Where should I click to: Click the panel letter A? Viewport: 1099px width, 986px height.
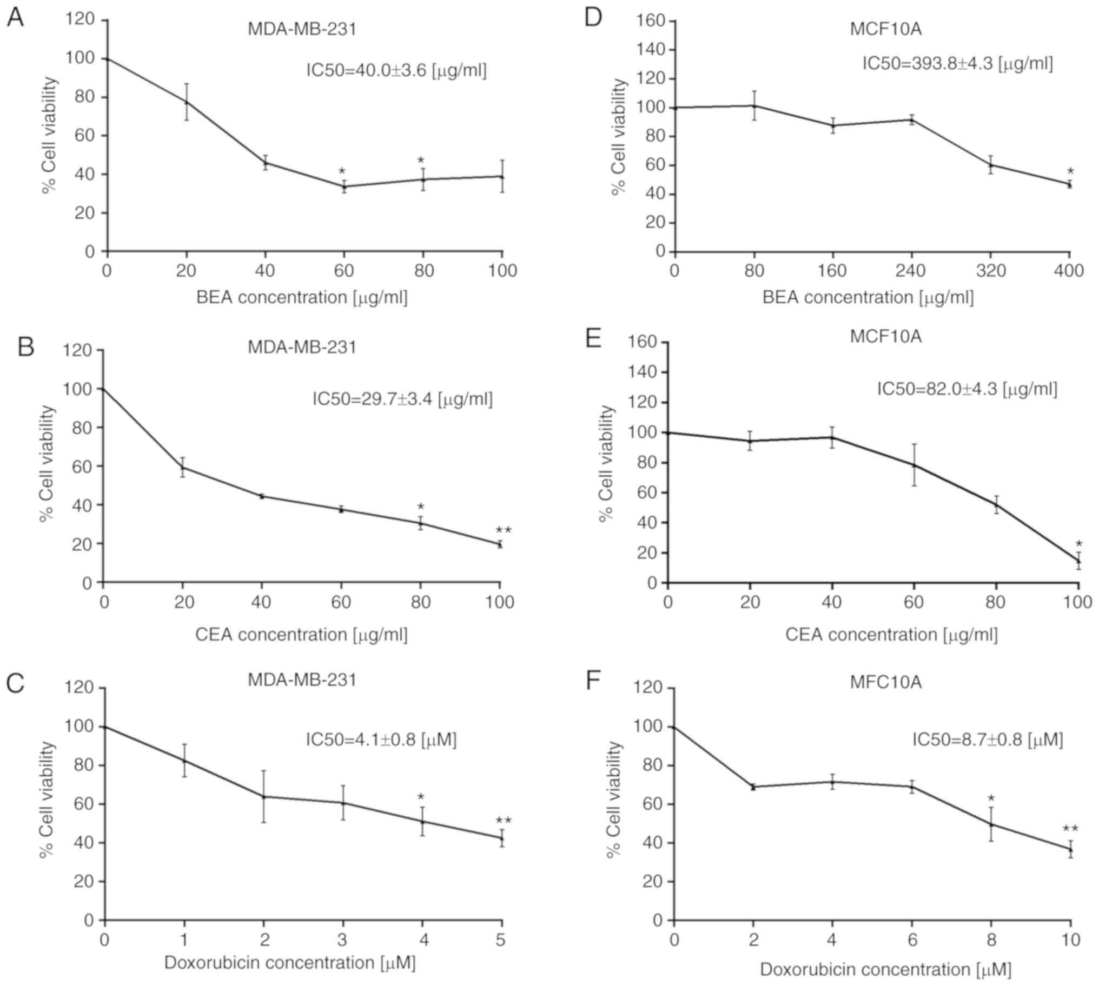(x=15, y=19)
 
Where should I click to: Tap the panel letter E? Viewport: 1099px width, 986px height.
(x=594, y=339)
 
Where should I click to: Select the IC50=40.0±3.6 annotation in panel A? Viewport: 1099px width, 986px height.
(x=396, y=70)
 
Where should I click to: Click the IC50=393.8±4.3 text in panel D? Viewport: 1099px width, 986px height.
(x=957, y=64)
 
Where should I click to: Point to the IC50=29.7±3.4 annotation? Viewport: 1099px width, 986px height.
(x=402, y=399)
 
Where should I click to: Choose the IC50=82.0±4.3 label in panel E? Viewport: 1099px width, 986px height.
(x=967, y=389)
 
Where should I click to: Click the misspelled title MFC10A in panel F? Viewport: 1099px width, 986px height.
(x=885, y=682)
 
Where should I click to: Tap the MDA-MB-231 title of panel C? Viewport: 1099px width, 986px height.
(x=302, y=679)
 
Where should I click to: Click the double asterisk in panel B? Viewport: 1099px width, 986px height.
(x=503, y=531)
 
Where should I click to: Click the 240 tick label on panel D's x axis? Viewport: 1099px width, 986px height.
(x=910, y=270)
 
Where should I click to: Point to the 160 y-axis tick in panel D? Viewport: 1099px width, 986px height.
(x=652, y=21)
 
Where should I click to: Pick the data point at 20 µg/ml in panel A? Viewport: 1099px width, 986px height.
(x=187, y=102)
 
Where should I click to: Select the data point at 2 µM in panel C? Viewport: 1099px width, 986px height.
(x=264, y=796)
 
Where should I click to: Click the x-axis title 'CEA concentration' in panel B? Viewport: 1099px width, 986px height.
(x=301, y=635)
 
